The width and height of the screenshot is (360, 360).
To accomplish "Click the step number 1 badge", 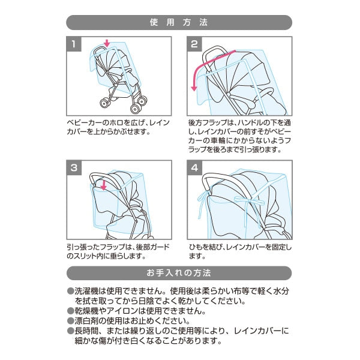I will coord(73,44).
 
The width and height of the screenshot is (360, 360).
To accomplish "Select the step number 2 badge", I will coord(194,44).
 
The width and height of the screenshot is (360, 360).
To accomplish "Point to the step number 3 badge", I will coord(73,168).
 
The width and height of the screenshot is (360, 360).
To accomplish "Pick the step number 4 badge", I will coord(194,168).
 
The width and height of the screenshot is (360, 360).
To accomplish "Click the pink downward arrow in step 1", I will coord(106,43).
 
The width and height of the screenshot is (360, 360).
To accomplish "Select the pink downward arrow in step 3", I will coord(103,184).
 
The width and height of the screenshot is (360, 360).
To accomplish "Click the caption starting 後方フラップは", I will coord(239,136).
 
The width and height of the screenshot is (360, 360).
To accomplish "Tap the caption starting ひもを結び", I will coord(239,251).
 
